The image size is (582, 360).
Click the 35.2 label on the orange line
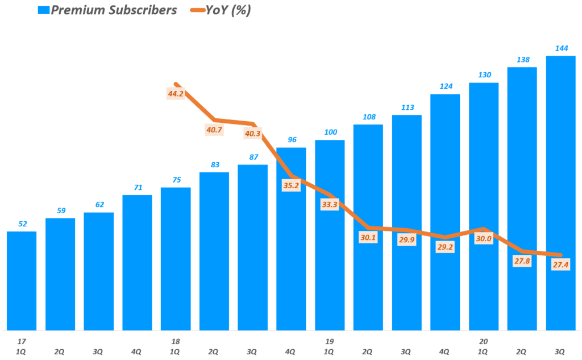pyautogui.click(x=291, y=185)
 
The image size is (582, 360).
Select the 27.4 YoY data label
pyautogui.click(x=560, y=265)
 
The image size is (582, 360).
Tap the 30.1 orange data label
pyautogui.click(x=368, y=237)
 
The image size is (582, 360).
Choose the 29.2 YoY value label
pyautogui.click(x=445, y=248)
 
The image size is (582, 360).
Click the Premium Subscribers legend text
pyautogui.click(x=114, y=10)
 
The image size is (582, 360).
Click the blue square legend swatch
pyautogui.click(x=44, y=10)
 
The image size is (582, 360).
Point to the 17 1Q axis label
pyautogui.click(x=22, y=346)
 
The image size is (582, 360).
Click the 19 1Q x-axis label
pyautogui.click(x=330, y=346)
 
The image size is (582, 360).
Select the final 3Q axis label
pyautogui.click(x=560, y=351)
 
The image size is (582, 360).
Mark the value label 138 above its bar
pyautogui.click(x=522, y=59)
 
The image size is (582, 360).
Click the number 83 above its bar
pyautogui.click(x=214, y=164)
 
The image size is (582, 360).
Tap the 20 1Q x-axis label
pyautogui.click(x=484, y=346)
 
